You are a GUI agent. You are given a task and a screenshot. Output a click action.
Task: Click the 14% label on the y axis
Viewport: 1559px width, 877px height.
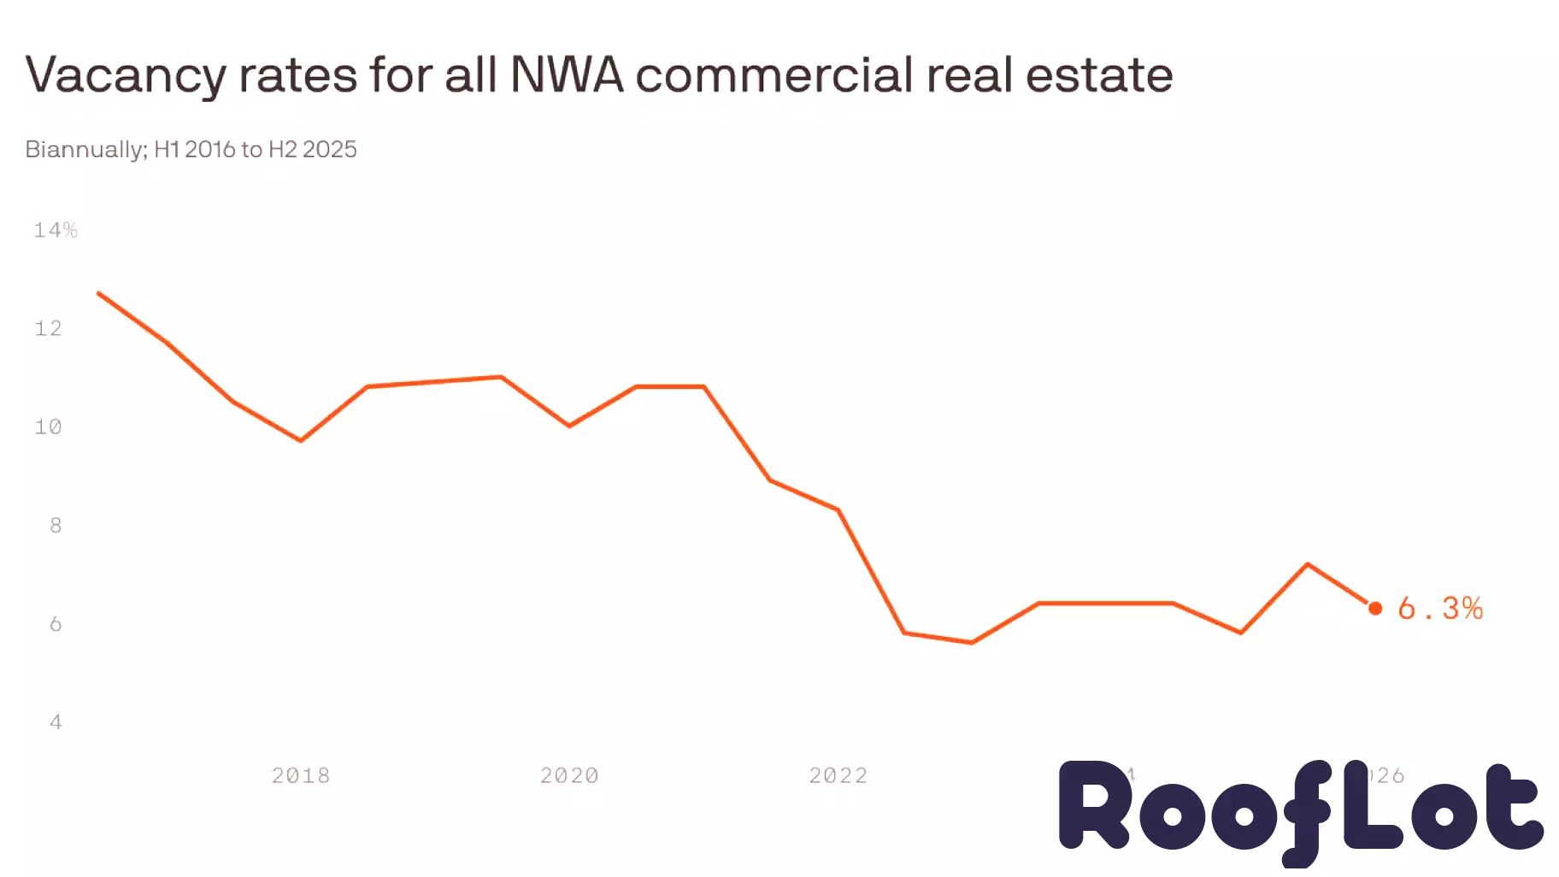point(55,230)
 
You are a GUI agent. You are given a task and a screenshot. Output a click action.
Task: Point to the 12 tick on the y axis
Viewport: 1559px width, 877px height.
point(48,328)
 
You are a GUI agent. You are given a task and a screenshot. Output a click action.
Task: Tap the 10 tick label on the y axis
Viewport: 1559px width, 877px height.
point(48,427)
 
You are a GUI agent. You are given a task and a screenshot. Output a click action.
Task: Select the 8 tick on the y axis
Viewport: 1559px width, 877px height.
point(56,525)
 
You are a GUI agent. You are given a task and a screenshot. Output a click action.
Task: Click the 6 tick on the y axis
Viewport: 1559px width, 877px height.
point(56,624)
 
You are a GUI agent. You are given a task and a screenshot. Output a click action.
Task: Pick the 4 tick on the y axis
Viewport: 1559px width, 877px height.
point(56,722)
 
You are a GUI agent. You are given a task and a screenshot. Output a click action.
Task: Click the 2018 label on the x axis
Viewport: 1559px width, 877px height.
point(301,775)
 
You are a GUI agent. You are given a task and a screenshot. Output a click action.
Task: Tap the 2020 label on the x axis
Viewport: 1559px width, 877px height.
point(569,775)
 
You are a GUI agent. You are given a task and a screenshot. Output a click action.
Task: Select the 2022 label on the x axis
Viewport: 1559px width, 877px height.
point(838,775)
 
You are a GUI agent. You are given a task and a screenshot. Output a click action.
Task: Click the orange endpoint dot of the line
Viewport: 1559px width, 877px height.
point(1375,608)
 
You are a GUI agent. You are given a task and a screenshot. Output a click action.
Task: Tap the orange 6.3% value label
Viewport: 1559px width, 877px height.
point(1440,608)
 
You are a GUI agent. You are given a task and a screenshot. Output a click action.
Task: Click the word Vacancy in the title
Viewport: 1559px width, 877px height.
point(126,75)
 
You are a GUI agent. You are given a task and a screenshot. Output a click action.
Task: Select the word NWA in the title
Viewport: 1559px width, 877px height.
point(567,74)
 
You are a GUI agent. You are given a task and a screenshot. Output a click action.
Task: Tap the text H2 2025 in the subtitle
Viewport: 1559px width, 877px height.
point(313,149)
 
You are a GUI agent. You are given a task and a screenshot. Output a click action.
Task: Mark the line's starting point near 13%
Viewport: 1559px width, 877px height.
point(99,293)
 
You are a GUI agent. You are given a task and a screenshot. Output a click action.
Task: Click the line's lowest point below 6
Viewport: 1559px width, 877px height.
point(972,642)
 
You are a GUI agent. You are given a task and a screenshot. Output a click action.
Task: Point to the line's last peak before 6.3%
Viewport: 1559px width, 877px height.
point(1308,564)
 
